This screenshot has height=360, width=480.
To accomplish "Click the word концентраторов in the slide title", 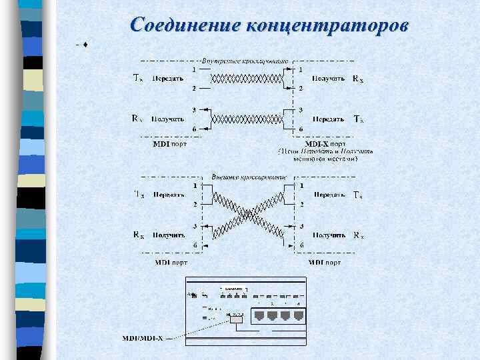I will click(x=327, y=25).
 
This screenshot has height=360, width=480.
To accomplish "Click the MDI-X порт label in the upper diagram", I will click(x=325, y=143).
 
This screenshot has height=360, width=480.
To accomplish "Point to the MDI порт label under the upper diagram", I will click(x=170, y=143).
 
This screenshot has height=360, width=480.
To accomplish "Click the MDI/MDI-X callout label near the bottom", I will click(x=141, y=338).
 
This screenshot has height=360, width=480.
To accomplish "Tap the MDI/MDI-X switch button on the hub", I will click(x=236, y=318).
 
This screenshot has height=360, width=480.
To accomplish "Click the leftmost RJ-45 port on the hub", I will click(x=257, y=315).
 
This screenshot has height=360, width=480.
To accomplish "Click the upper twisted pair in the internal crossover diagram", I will click(x=247, y=79).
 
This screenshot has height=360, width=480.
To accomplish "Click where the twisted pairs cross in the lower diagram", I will click(x=247, y=215).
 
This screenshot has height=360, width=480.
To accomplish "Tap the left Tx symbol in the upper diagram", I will click(x=137, y=78).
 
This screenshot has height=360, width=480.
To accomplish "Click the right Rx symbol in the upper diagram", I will click(x=358, y=79).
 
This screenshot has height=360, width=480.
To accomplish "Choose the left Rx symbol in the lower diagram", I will click(x=138, y=235).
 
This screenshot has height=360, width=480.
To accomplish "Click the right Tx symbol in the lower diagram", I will click(x=358, y=195).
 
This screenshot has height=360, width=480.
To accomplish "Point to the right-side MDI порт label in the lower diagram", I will click(x=325, y=262).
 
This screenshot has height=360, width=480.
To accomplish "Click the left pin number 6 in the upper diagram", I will click(x=194, y=129).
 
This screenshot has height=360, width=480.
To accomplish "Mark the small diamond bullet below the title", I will click(x=86, y=45).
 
